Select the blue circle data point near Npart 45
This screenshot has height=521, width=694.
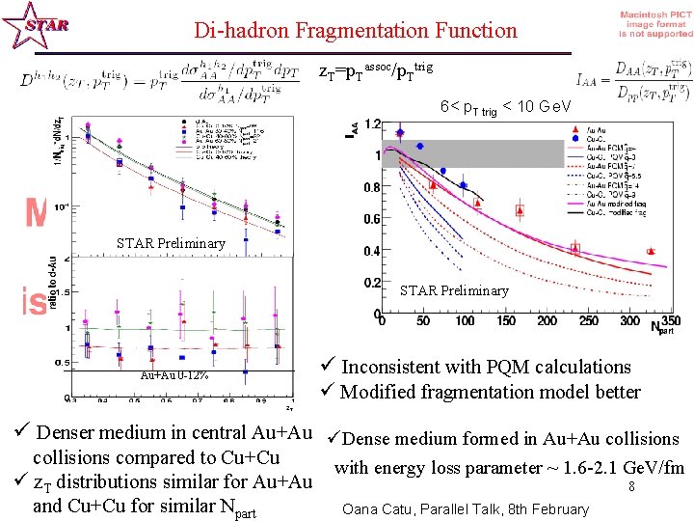click(419, 146)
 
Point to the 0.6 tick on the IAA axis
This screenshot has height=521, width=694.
click(369, 219)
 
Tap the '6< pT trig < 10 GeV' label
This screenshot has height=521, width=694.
click(506, 106)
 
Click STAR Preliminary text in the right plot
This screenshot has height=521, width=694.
click(453, 290)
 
